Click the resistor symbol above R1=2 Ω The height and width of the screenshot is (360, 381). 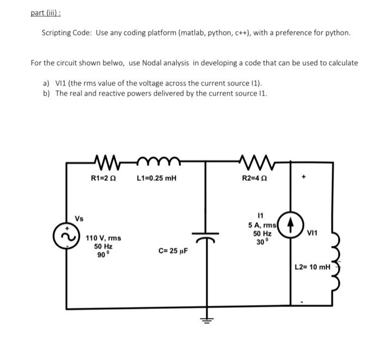point(107,162)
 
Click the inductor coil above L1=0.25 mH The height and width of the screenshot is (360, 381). point(159,161)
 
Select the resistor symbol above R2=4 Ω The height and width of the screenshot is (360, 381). point(257,162)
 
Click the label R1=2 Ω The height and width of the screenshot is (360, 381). point(103,178)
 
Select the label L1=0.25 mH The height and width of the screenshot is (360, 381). point(157,178)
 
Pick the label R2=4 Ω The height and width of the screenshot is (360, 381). point(254,178)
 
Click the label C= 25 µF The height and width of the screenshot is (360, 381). point(173,251)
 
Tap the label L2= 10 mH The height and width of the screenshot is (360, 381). point(312,267)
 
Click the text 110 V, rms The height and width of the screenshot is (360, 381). point(103,238)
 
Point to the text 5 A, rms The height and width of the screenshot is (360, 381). point(262,225)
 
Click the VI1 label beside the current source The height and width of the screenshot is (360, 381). point(312,233)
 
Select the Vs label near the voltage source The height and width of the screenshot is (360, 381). point(79,219)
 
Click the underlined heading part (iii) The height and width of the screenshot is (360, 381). point(46,13)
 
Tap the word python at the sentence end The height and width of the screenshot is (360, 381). point(338,33)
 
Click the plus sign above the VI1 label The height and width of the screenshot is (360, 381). point(303,176)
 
